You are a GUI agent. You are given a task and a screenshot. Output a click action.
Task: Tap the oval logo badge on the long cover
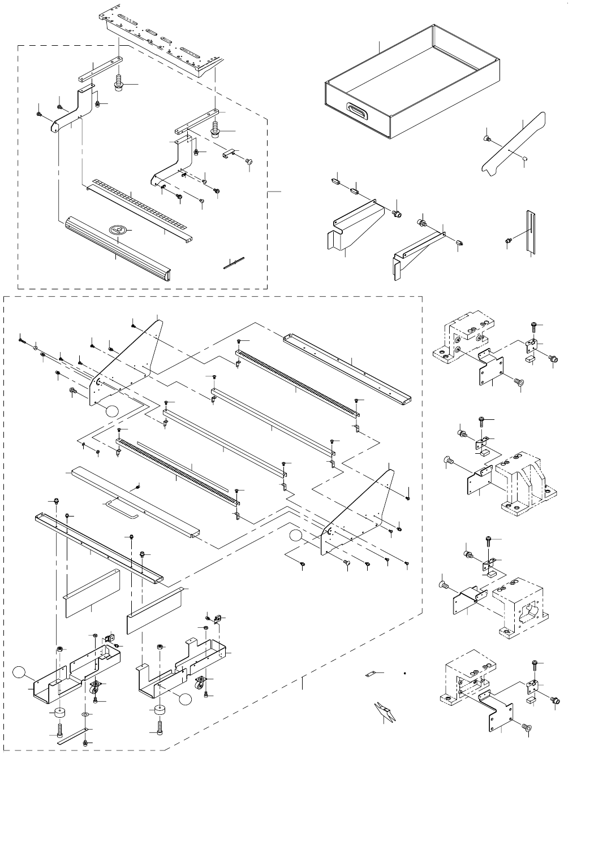pyautogui.click(x=118, y=229)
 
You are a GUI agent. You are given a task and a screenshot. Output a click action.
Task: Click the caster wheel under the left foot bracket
pyautogui.click(x=95, y=688)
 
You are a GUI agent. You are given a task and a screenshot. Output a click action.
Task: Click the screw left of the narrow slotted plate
pyautogui.click(x=508, y=241)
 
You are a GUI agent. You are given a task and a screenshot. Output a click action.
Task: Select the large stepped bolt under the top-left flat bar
pyautogui.click(x=120, y=83)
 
